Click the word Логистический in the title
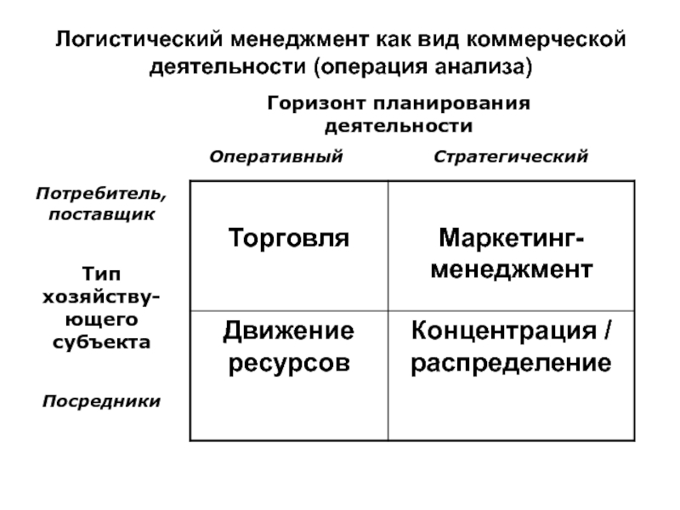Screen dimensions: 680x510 click(x=135, y=40)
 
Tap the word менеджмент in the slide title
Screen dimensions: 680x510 click(x=293, y=40)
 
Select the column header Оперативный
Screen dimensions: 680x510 click(x=276, y=156)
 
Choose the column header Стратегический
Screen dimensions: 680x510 click(x=510, y=156)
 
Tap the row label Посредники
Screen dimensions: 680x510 click(x=101, y=400)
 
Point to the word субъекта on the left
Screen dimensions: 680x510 click(x=100, y=343)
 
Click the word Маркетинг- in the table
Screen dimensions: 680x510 click(x=510, y=237)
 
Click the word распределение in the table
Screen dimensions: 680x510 click(x=510, y=360)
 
